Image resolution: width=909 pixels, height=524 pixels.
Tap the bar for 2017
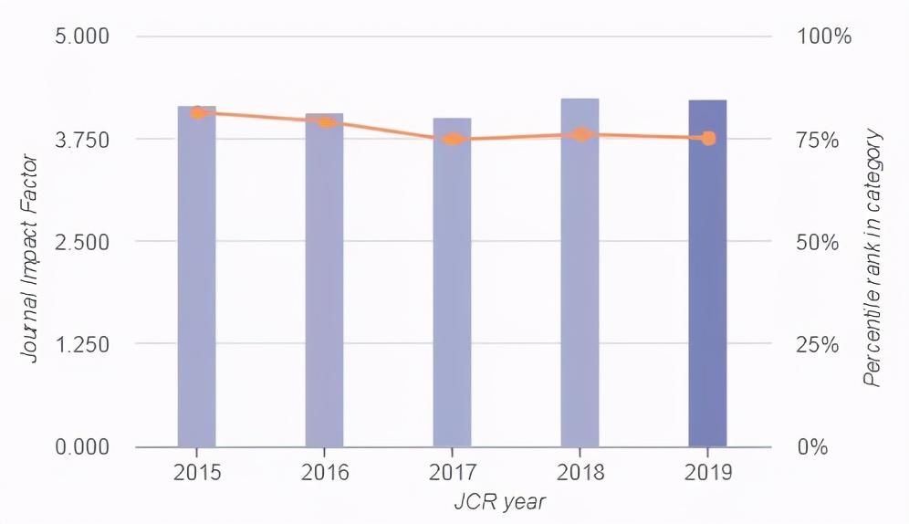point(453,292)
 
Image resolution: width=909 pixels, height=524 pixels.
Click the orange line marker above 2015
point(197,112)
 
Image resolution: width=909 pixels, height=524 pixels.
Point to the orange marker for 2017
point(453,139)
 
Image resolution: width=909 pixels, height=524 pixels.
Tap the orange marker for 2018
point(580,134)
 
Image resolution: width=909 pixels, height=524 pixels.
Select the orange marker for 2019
point(708,138)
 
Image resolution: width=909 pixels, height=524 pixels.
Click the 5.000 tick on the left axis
point(83,37)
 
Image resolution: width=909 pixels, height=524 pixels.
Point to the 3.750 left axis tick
point(83,140)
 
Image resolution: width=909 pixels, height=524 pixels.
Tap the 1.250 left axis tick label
point(83,345)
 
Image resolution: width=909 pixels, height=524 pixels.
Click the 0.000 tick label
point(83,447)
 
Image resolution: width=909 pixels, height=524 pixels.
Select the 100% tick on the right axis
point(824,37)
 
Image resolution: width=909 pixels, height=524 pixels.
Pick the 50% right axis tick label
point(818,243)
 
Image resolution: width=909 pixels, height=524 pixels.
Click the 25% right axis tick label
point(818,345)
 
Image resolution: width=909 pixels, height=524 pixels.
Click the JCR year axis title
point(500,502)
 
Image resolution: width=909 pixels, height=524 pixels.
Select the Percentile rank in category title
point(873,258)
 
